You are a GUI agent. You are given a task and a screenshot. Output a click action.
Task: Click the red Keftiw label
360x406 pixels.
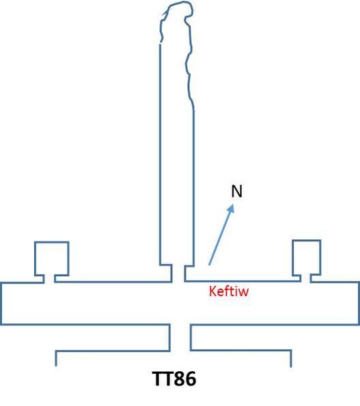(229, 291)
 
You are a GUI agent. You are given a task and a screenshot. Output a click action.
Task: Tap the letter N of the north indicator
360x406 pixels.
(236, 191)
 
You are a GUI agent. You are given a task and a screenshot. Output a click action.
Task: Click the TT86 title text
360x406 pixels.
(174, 379)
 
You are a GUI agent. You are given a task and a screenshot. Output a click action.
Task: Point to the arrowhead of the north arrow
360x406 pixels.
(231, 209)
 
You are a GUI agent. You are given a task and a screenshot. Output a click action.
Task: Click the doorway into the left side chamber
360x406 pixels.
(49, 279)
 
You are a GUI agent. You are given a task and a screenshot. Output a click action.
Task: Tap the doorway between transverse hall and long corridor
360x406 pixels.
(178, 273)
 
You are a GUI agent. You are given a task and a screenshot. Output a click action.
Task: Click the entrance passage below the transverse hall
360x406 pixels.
(180, 337)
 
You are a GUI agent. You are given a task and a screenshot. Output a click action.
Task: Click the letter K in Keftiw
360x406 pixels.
(212, 291)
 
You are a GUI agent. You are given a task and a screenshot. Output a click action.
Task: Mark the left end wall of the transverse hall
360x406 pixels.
(1, 303)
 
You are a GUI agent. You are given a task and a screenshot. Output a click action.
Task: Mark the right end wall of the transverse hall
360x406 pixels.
(359, 303)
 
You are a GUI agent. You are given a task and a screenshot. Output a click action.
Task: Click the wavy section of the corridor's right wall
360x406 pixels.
(189, 65)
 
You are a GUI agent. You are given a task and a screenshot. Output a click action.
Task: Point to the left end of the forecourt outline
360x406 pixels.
(56, 358)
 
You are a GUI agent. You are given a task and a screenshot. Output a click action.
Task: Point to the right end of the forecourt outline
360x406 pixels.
(291, 359)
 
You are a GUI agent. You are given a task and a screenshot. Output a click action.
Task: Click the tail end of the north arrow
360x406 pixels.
(209, 265)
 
